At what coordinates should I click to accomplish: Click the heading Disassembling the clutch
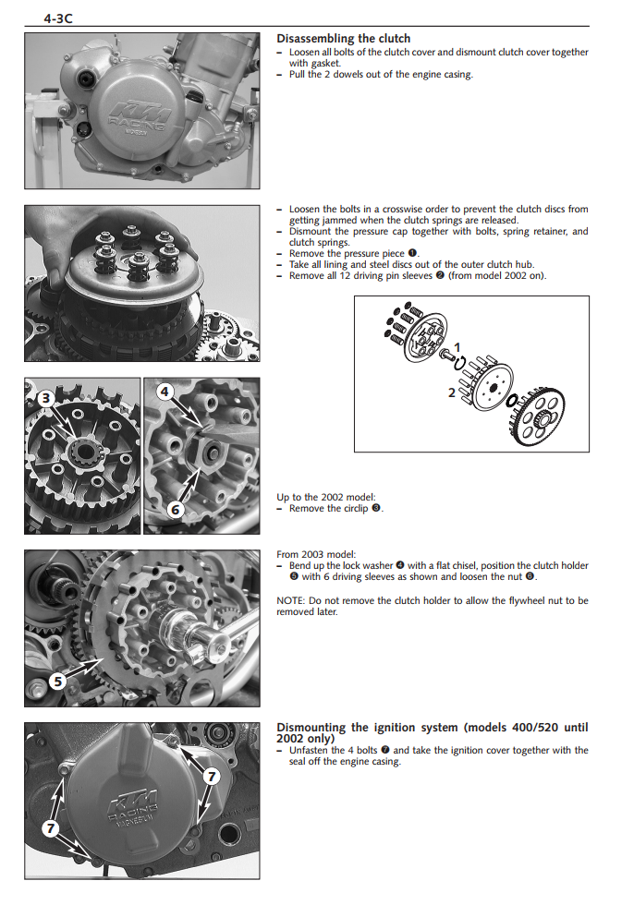343,39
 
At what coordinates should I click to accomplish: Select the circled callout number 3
45,398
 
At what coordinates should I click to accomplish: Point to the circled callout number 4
165,392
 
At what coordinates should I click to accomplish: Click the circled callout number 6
176,509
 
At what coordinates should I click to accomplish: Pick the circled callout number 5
56,682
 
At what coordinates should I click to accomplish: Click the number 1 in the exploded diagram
457,346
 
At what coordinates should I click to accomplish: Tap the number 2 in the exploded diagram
452,392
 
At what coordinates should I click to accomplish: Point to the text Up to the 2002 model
326,498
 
